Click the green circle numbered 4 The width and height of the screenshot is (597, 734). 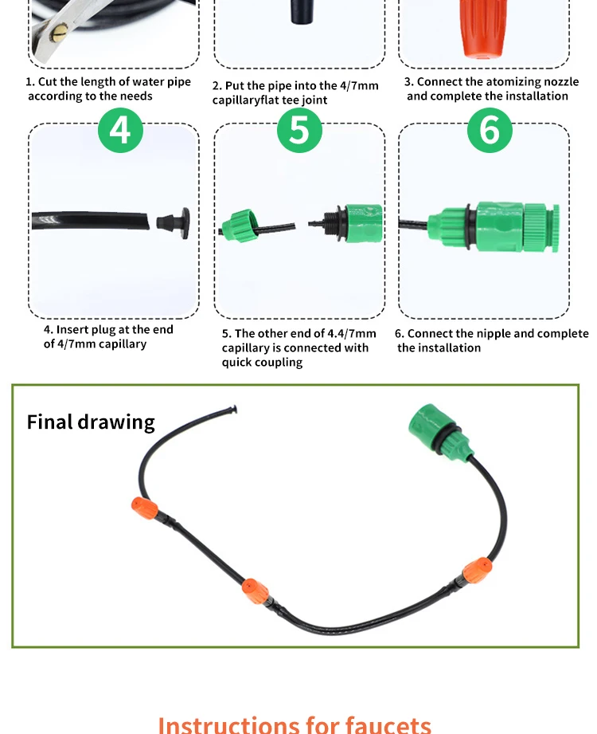tap(120, 130)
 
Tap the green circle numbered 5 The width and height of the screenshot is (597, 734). tap(299, 130)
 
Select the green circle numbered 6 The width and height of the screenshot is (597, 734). tap(489, 130)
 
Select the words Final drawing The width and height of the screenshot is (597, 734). tap(91, 422)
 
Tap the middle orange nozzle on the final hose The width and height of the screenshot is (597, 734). tap(254, 591)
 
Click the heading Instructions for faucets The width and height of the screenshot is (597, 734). tap(295, 724)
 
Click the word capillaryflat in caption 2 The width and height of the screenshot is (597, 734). tap(250, 100)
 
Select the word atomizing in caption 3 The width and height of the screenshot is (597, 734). tap(511, 82)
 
